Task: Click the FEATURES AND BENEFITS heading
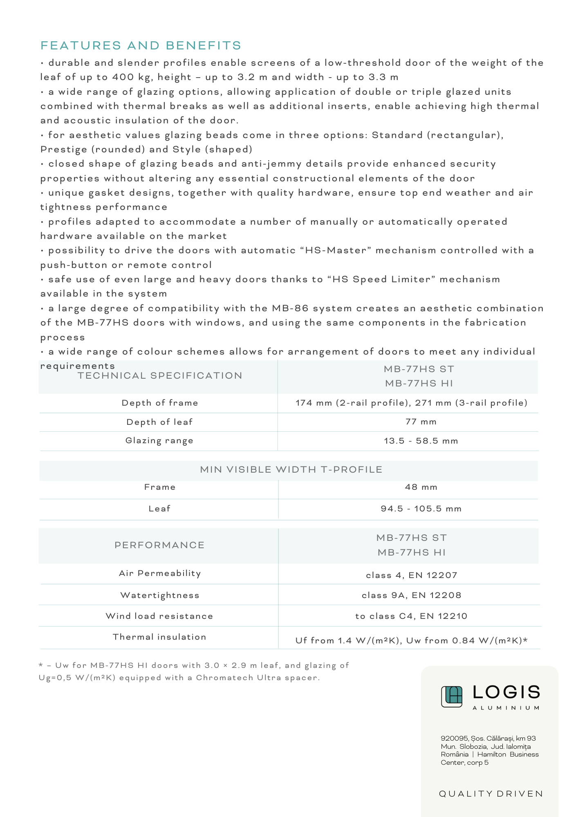point(141,45)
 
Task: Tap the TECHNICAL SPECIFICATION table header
point(160,376)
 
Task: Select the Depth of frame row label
point(160,403)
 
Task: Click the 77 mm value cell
point(421,422)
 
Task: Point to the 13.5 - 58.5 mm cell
point(421,441)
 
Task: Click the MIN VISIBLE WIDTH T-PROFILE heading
point(291,470)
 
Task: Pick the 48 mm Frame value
point(421,487)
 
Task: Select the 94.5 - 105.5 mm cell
point(421,509)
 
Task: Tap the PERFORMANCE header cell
point(159,545)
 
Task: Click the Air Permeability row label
point(160,574)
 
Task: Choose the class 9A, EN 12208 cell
point(412,596)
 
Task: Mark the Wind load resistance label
point(159,616)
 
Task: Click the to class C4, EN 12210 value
point(411,616)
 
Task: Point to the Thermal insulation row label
point(159,637)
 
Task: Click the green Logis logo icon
point(452,696)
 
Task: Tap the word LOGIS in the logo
point(506,692)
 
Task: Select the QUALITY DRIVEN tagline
point(491,794)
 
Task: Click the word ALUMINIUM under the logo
point(506,708)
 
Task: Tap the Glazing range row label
point(159,441)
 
